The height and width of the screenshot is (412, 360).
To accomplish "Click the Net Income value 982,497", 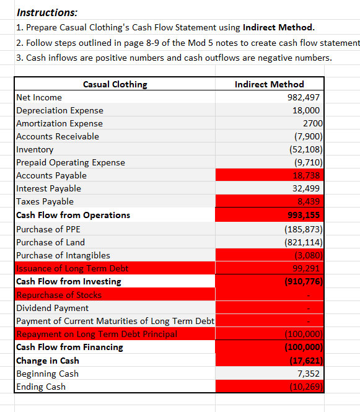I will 304,97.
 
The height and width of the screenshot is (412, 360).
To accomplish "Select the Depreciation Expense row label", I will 60,110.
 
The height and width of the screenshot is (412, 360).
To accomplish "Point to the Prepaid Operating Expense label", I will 71,162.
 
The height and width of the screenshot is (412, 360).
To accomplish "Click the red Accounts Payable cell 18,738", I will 304,175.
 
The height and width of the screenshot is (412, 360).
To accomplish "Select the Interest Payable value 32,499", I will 305,188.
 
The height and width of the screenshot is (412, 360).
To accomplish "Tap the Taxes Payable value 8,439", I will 307,201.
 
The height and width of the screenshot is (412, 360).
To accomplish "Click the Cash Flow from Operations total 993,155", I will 304,215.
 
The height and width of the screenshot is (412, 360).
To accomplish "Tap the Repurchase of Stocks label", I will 59,295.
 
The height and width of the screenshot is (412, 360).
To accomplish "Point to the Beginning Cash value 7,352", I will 308,374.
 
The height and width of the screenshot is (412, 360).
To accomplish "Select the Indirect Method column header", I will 270,84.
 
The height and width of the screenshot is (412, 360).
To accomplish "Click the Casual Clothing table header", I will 115,84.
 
